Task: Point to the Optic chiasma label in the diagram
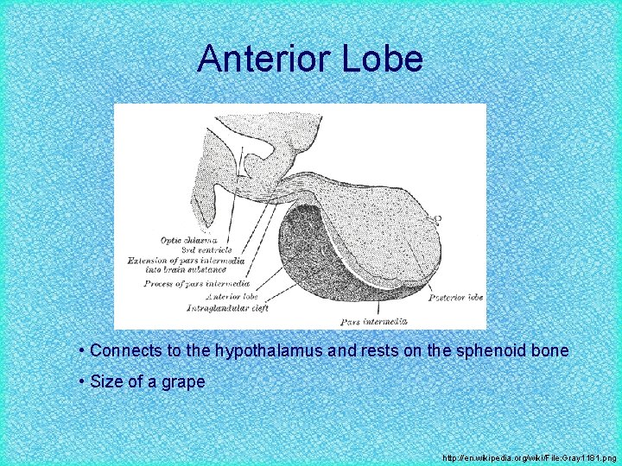point(187,239)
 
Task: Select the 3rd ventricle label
point(187,249)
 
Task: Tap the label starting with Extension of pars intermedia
point(186,260)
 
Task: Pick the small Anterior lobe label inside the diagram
point(220,295)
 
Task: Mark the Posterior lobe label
point(455,297)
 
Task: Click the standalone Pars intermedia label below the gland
point(373,322)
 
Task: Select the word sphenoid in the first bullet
point(501,351)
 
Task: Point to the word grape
point(184,382)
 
